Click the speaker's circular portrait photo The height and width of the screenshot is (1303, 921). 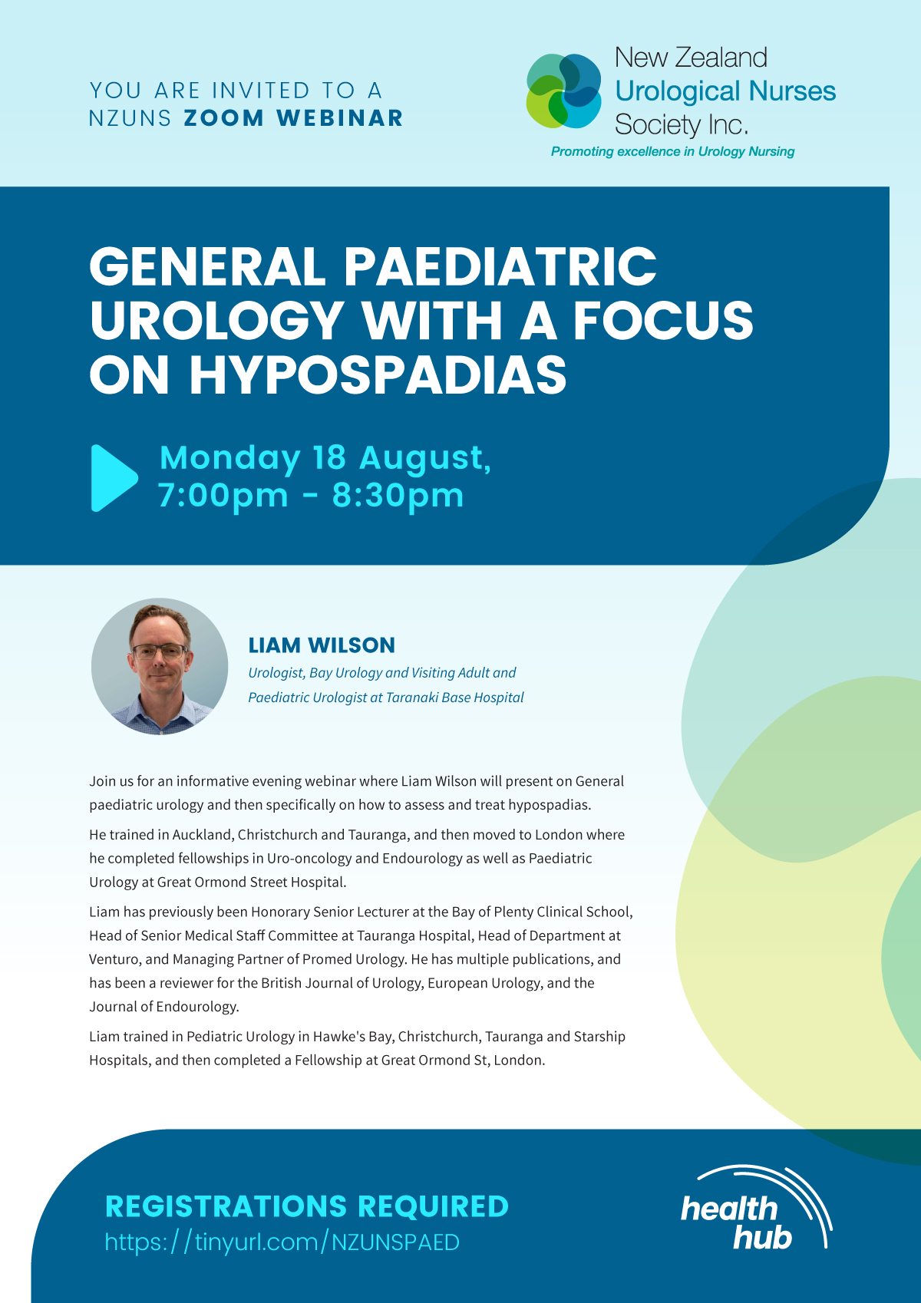160,666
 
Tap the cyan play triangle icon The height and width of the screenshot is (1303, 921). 114,478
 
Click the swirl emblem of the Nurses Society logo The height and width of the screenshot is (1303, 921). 564,91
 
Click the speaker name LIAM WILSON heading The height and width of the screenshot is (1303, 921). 322,645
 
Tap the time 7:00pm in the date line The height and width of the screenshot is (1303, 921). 223,496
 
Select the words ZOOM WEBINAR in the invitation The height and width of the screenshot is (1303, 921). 293,118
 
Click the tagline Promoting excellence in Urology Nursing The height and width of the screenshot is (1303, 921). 672,152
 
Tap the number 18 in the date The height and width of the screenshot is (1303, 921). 329,457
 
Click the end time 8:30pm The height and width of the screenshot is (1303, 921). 398,496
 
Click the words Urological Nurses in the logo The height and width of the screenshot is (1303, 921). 725,91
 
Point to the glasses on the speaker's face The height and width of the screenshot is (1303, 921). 160,651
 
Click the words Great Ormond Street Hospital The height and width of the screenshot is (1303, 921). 251,882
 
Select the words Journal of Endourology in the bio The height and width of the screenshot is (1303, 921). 164,1006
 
